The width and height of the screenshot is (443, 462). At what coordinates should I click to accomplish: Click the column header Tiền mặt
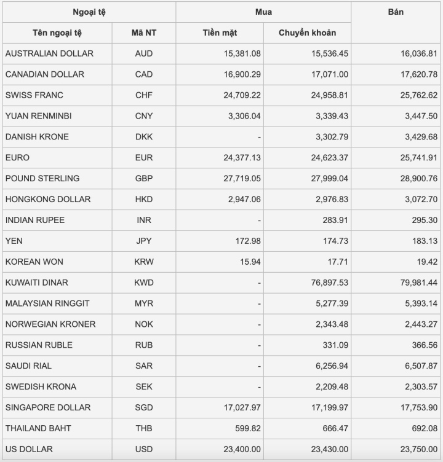pyautogui.click(x=220, y=33)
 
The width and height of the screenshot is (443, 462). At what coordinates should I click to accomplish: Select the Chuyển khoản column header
pyautogui.click(x=307, y=33)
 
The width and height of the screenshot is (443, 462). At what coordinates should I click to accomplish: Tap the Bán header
pyautogui.click(x=396, y=12)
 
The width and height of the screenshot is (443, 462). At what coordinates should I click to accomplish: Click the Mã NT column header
pyautogui.click(x=143, y=33)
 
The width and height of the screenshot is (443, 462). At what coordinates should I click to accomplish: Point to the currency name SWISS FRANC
pyautogui.click(x=34, y=95)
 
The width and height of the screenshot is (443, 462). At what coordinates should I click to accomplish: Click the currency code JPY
pyautogui.click(x=143, y=241)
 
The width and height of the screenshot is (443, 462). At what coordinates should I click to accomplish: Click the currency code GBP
pyautogui.click(x=143, y=179)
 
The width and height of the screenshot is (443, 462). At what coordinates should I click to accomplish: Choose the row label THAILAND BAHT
pyautogui.click(x=38, y=428)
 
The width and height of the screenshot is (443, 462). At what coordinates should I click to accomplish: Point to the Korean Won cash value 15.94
pyautogui.click(x=250, y=262)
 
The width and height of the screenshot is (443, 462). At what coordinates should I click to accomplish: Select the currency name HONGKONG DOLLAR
pyautogui.click(x=48, y=199)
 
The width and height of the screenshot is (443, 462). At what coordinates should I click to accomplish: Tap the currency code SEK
pyautogui.click(x=143, y=387)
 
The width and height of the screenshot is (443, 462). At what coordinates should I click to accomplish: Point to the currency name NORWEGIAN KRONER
pyautogui.click(x=50, y=324)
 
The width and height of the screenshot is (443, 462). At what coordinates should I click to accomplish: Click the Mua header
pyautogui.click(x=263, y=12)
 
